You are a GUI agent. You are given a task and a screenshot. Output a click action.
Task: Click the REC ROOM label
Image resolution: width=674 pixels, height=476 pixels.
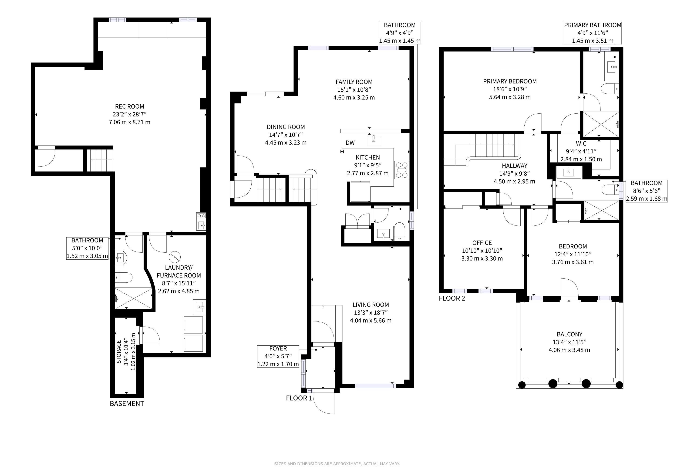(129, 106)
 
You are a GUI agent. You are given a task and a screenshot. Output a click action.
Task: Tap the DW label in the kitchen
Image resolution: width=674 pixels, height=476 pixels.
(350, 143)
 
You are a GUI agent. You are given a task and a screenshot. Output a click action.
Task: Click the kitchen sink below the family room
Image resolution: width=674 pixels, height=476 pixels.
(373, 141)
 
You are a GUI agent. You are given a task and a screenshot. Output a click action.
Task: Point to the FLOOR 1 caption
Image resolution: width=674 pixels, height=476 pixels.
(299, 398)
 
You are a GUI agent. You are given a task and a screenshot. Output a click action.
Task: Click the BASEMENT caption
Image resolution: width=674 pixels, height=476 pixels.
(127, 404)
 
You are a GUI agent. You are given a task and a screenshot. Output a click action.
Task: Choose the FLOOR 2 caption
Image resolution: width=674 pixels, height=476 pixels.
(452, 298)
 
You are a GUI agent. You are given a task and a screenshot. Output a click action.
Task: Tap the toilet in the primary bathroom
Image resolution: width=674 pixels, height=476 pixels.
(610, 88)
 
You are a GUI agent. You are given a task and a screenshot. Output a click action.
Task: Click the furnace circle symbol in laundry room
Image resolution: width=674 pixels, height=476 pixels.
(175, 257)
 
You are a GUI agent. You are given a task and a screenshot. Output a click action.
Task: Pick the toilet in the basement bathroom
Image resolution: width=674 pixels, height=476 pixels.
(124, 277)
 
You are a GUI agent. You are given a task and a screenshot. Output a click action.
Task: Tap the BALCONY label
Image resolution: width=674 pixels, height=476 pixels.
(570, 334)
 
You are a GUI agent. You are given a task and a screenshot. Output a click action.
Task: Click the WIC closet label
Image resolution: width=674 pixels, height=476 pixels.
(581, 144)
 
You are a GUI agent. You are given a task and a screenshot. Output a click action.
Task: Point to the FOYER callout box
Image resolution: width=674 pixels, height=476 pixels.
(278, 356)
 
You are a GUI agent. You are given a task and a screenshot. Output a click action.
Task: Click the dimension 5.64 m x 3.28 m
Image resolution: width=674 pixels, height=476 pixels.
(510, 97)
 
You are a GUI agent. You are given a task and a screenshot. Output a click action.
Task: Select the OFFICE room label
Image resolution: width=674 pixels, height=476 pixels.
(482, 243)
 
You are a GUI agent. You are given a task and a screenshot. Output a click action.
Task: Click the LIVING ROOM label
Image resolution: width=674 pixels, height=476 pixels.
(371, 305)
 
